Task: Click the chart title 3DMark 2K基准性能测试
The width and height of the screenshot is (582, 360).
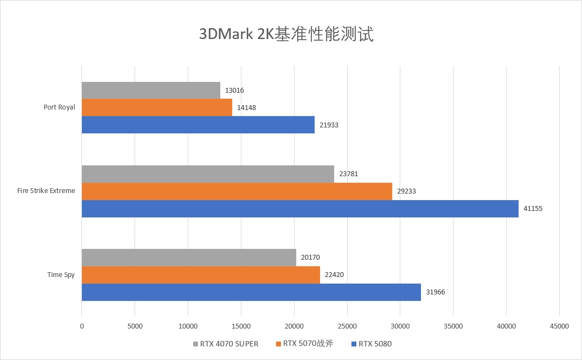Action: [286, 34]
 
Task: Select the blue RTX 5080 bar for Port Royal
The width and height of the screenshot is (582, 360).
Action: [198, 125]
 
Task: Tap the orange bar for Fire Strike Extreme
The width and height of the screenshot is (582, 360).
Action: [236, 191]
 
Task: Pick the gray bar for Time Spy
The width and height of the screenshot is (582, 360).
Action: [189, 258]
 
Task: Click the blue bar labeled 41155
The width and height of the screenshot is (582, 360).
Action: [300, 209]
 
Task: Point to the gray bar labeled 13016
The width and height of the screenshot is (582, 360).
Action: [151, 91]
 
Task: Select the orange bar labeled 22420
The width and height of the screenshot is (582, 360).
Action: [201, 275]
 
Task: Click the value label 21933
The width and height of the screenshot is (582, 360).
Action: [329, 125]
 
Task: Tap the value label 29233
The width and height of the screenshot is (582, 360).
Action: [407, 191]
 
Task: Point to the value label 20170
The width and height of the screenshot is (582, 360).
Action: [311, 258]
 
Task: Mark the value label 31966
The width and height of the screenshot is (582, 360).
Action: [436, 292]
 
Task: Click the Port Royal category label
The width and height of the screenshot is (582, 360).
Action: [59, 107]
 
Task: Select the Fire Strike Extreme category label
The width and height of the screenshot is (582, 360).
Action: [46, 191]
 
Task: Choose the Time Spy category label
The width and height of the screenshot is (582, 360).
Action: [61, 275]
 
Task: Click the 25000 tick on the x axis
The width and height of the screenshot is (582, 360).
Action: [347, 326]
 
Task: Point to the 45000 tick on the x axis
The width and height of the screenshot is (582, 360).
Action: [559, 326]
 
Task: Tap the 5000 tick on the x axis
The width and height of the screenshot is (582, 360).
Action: [135, 326]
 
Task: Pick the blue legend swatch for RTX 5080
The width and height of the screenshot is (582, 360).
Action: [354, 344]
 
